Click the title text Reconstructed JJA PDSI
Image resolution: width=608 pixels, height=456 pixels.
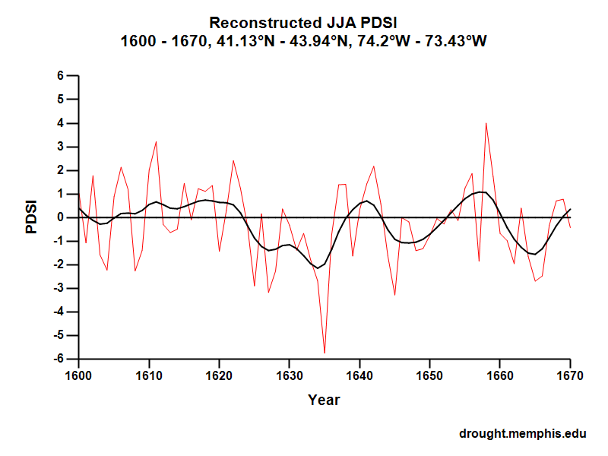(303, 22)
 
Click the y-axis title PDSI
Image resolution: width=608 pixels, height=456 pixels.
(32, 217)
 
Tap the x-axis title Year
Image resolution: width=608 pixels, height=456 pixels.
(324, 400)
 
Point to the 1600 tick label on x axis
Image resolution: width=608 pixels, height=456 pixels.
(78, 375)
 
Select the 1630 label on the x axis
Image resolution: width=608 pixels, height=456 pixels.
(289, 375)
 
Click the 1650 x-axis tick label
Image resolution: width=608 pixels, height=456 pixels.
(429, 375)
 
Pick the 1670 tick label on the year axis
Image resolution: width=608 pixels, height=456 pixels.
(570, 375)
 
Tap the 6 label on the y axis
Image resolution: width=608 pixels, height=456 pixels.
(59, 76)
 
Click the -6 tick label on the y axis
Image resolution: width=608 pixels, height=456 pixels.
(57, 359)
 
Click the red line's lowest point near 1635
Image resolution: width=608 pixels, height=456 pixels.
(325, 353)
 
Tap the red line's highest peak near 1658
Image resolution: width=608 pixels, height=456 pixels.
(486, 123)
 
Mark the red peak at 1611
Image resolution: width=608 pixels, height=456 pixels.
(156, 141)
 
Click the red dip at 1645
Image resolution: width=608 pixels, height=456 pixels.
(394, 295)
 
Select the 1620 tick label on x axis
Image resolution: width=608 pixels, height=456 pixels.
(219, 375)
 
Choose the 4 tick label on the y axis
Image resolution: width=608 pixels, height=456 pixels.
(59, 123)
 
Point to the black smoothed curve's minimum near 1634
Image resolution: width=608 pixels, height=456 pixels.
(317, 268)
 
